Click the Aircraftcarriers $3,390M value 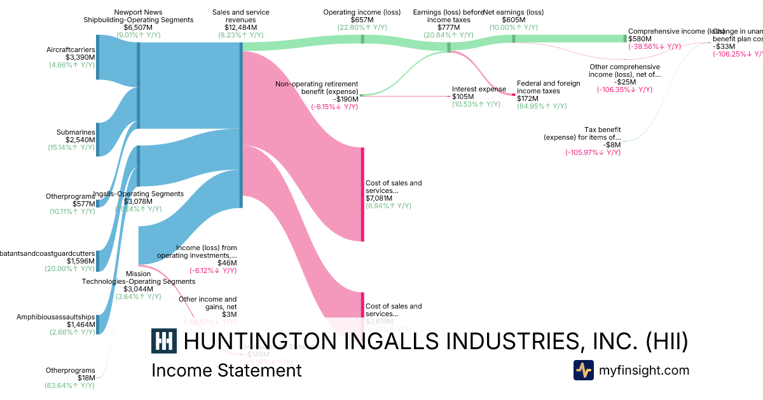tap(81, 57)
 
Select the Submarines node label tap(76, 132)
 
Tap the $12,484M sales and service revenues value tap(241, 27)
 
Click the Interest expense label tap(479, 89)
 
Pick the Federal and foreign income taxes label tap(548, 87)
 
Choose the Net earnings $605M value tap(513, 20)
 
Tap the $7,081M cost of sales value tap(379, 198)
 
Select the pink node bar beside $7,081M tap(362, 194)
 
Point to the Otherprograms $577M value tap(84, 204)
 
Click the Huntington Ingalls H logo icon tap(163, 341)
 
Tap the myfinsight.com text tap(643, 370)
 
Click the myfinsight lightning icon tap(583, 370)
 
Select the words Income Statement tap(226, 370)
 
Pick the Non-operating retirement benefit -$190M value tap(346, 99)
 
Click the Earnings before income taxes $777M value tap(449, 27)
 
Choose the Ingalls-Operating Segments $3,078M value tap(138, 201)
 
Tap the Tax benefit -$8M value tap(612, 145)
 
